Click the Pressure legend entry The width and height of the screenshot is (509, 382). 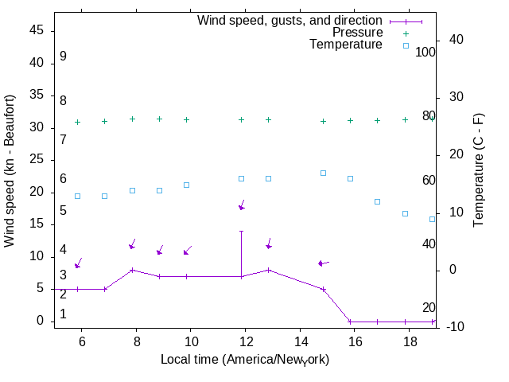point(357,33)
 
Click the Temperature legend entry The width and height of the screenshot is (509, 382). point(346,45)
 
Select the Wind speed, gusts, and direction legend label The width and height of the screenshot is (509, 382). point(289,21)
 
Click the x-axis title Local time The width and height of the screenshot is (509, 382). point(245,360)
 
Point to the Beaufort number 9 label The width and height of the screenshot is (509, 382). point(63,57)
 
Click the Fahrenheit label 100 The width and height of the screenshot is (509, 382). point(425,52)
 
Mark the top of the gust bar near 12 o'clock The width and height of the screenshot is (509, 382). point(241,231)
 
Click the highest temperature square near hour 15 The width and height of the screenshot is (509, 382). point(323,173)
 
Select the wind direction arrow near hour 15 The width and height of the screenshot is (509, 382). point(323,263)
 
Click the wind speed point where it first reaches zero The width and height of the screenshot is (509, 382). point(350,322)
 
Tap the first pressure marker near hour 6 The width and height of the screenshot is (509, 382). point(77,122)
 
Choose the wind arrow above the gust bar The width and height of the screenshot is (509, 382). point(242,205)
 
